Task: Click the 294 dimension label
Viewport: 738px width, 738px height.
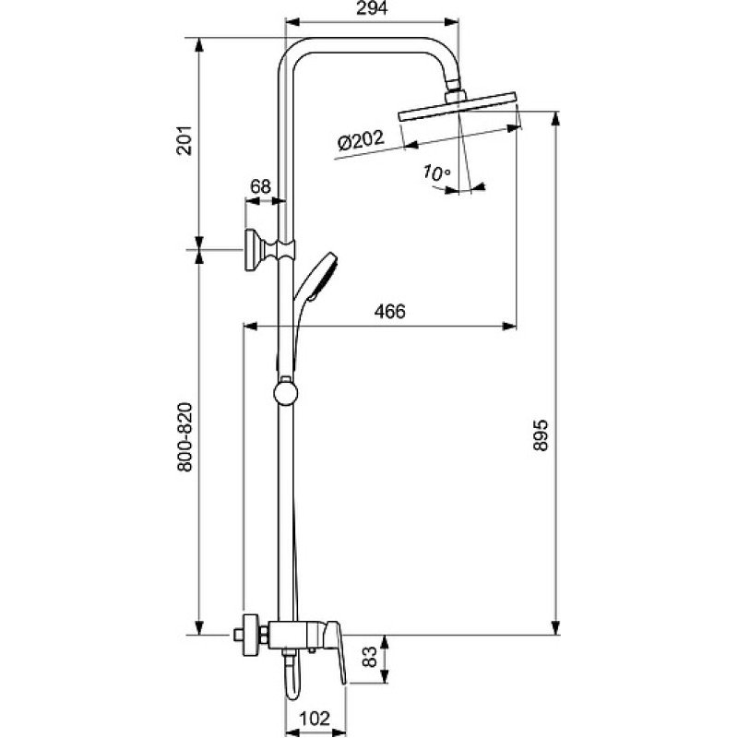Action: pos(372,8)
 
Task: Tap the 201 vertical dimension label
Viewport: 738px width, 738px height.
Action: pos(184,140)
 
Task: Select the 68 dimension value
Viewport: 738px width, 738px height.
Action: pos(260,186)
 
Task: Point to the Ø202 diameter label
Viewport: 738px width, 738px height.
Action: pos(361,140)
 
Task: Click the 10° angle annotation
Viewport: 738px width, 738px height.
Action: pos(436,173)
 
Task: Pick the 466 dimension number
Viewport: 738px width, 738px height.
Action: pos(389,312)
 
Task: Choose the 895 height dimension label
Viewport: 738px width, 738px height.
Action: pos(541,435)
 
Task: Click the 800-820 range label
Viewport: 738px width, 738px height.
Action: pos(185,437)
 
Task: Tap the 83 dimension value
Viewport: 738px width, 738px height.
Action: pos(370,657)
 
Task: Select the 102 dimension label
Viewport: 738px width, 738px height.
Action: pos(315,719)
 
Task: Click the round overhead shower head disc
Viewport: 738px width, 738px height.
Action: pos(458,106)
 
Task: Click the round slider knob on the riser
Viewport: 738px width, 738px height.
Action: pos(286,393)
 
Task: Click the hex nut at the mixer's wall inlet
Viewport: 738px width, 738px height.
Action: pos(239,636)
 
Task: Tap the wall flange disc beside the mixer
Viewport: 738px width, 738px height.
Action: pos(251,636)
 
